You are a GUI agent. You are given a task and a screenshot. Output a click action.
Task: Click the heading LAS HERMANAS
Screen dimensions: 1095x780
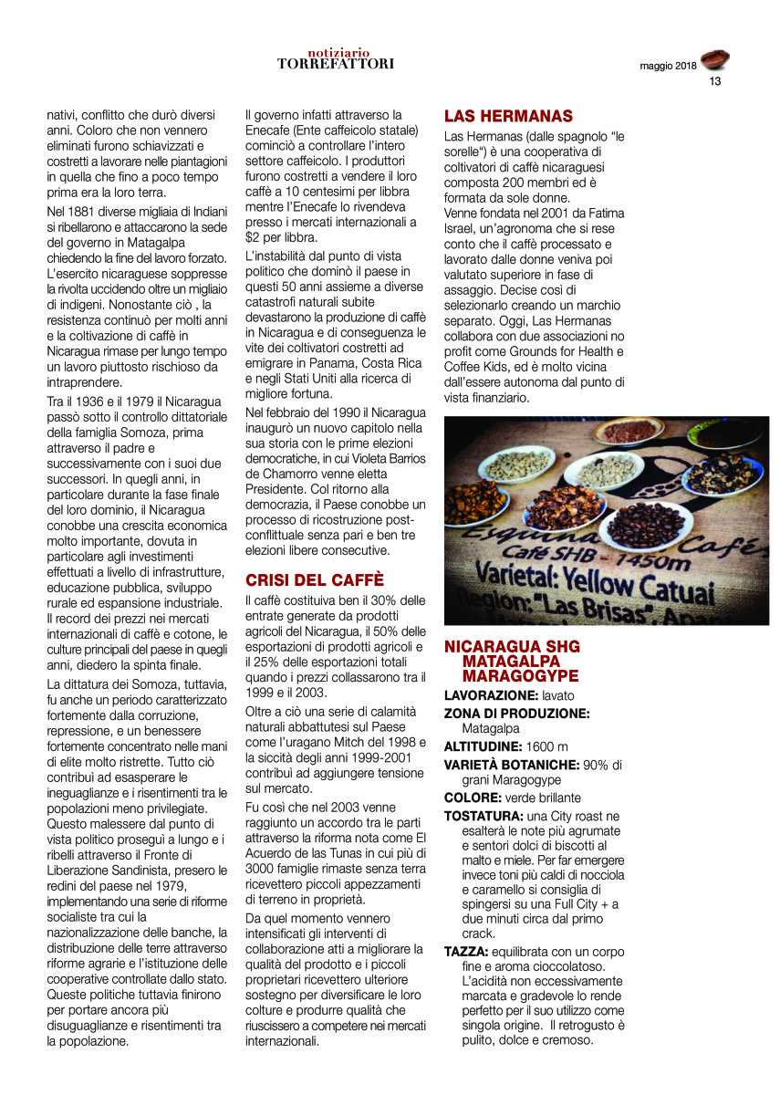507,116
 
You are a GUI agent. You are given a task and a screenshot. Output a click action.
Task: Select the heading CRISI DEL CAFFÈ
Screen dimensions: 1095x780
315,579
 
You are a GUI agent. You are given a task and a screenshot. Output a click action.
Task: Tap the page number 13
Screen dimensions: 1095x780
715,81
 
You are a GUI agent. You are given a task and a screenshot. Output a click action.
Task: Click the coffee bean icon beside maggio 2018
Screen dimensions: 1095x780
715,60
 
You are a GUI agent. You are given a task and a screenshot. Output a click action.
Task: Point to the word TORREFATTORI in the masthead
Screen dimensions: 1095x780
336,64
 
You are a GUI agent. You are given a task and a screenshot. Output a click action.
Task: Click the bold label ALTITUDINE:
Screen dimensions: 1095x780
484,746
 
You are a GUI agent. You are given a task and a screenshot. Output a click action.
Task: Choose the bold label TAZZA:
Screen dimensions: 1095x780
467,951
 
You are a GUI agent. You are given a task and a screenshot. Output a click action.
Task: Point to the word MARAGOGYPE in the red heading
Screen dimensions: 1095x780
520,676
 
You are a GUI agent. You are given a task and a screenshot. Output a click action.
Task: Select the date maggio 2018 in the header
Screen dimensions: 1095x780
668,66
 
